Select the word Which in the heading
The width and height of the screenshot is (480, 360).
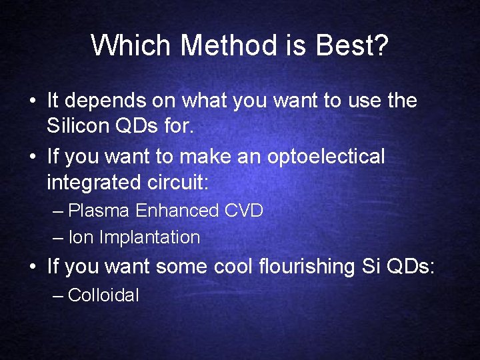coord(131,45)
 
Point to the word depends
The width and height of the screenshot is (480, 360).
coord(101,101)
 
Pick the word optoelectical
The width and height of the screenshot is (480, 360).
coord(326,157)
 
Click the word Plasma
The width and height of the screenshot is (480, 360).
coord(99,211)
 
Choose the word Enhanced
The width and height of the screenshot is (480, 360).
coord(177,211)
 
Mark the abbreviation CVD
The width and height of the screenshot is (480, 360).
coord(244,211)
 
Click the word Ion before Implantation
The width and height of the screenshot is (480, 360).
coord(81,237)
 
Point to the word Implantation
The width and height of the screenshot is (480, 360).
coord(150,237)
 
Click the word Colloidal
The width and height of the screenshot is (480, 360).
coord(103,295)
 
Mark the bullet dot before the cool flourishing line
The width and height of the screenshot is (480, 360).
coord(32,267)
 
